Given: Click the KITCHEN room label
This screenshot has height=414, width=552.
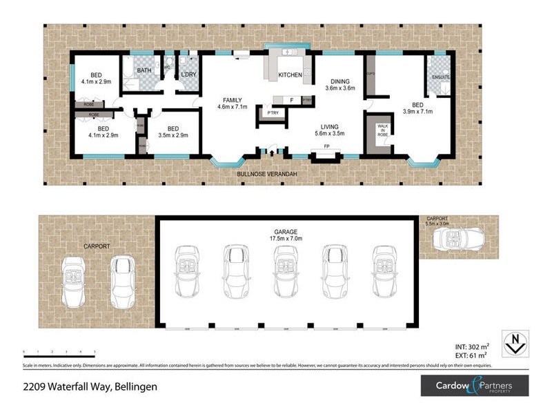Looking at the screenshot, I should point(290,75).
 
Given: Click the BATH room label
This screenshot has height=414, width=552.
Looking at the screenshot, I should point(144,70).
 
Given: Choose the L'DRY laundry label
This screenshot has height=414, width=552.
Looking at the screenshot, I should point(188,75).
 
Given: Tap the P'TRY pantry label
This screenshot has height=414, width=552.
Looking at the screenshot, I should point(266,112).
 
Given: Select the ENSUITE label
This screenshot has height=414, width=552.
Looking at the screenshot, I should point(440,77).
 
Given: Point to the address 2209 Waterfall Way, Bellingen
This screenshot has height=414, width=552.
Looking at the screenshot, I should point(90,386).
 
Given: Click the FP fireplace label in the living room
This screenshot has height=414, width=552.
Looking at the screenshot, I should point(325,148).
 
